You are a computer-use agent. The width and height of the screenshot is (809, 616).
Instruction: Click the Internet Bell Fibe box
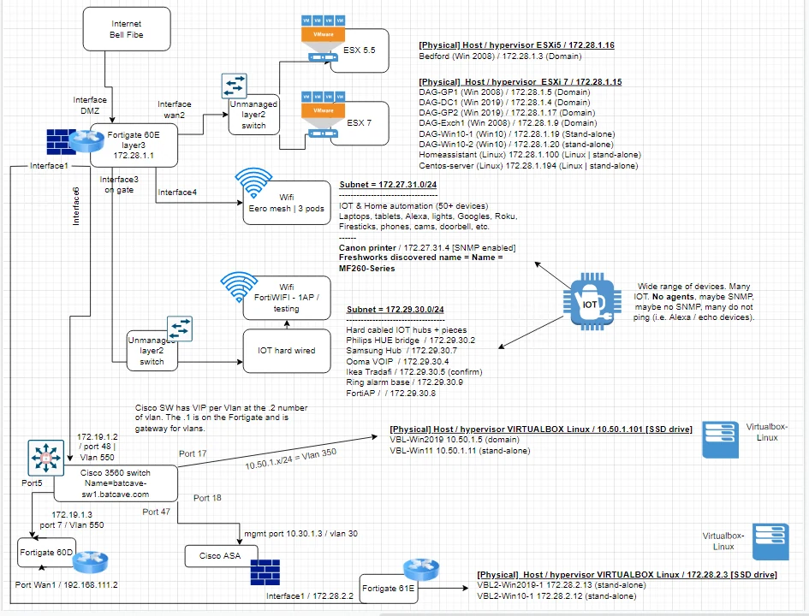127,29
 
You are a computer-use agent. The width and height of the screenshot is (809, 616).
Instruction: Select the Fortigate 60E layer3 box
134,145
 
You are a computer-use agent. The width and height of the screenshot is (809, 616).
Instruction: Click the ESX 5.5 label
359,50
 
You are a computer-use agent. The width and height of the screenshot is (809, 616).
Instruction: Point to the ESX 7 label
359,122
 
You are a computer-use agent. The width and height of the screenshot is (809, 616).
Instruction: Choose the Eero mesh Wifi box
286,203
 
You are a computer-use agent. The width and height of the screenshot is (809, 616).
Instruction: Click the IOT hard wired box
286,351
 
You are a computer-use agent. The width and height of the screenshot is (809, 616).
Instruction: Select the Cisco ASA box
220,556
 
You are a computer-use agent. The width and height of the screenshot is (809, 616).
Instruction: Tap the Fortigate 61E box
388,588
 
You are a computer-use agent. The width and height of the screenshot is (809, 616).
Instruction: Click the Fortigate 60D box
46,553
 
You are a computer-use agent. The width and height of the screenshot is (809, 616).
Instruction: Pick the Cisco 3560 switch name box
116,483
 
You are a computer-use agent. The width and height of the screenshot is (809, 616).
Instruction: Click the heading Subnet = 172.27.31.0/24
388,185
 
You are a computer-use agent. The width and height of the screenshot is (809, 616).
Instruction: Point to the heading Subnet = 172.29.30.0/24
396,310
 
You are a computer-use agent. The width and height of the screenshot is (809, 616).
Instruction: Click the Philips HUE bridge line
411,341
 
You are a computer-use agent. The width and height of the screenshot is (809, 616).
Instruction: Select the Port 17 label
193,453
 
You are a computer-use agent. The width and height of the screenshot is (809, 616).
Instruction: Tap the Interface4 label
177,192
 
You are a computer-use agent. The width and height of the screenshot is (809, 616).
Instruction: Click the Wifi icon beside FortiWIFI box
239,287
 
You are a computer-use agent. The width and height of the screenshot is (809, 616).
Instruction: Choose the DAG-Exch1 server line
508,123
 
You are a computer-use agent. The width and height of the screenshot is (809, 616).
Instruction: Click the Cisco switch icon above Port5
46,458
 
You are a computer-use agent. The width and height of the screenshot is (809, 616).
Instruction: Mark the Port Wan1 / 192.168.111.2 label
66,585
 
